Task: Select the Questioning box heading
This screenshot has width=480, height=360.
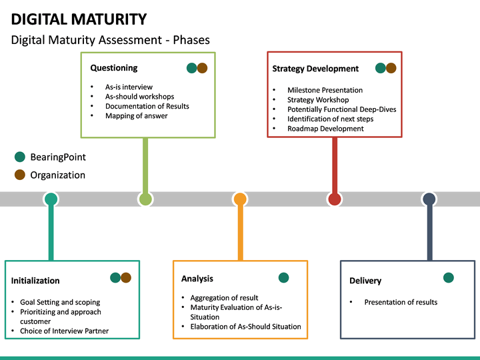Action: (114, 67)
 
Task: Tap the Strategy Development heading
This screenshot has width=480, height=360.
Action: (315, 68)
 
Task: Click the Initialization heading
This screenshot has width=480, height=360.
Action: (35, 281)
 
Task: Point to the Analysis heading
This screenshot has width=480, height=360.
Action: (197, 278)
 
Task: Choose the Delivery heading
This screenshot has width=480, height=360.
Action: (365, 281)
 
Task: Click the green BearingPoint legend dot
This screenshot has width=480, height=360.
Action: (20, 157)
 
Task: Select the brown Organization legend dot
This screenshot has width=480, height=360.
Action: (20, 175)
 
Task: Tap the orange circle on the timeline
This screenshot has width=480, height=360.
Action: (240, 199)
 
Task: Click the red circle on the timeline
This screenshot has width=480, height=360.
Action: (335, 199)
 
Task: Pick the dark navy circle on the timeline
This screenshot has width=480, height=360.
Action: (429, 199)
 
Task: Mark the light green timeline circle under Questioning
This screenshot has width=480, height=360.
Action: (145, 199)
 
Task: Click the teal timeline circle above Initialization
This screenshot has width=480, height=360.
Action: (51, 199)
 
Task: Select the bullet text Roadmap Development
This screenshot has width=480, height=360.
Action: (325, 129)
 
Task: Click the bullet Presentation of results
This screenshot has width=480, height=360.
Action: (401, 302)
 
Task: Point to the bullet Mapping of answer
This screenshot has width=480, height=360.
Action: (136, 116)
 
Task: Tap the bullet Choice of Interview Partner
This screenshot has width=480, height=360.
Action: (64, 331)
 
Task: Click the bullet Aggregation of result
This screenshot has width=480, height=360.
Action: (224, 297)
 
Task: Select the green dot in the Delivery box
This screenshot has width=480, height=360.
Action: (449, 277)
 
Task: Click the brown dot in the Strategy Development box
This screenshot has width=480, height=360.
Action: (391, 68)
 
